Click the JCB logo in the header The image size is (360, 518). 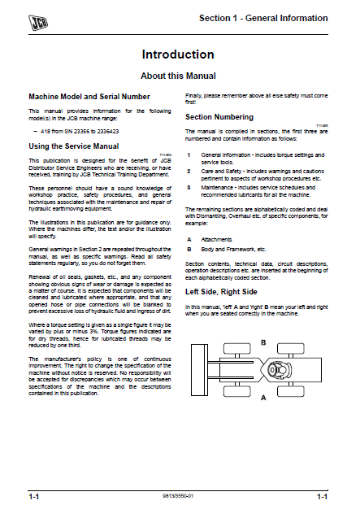pos(36,16)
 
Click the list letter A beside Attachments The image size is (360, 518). pos(189,240)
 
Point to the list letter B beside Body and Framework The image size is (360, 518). pos(189,250)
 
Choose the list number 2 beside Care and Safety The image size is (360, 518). pos(189,170)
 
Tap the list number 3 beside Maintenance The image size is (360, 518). pos(189,187)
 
